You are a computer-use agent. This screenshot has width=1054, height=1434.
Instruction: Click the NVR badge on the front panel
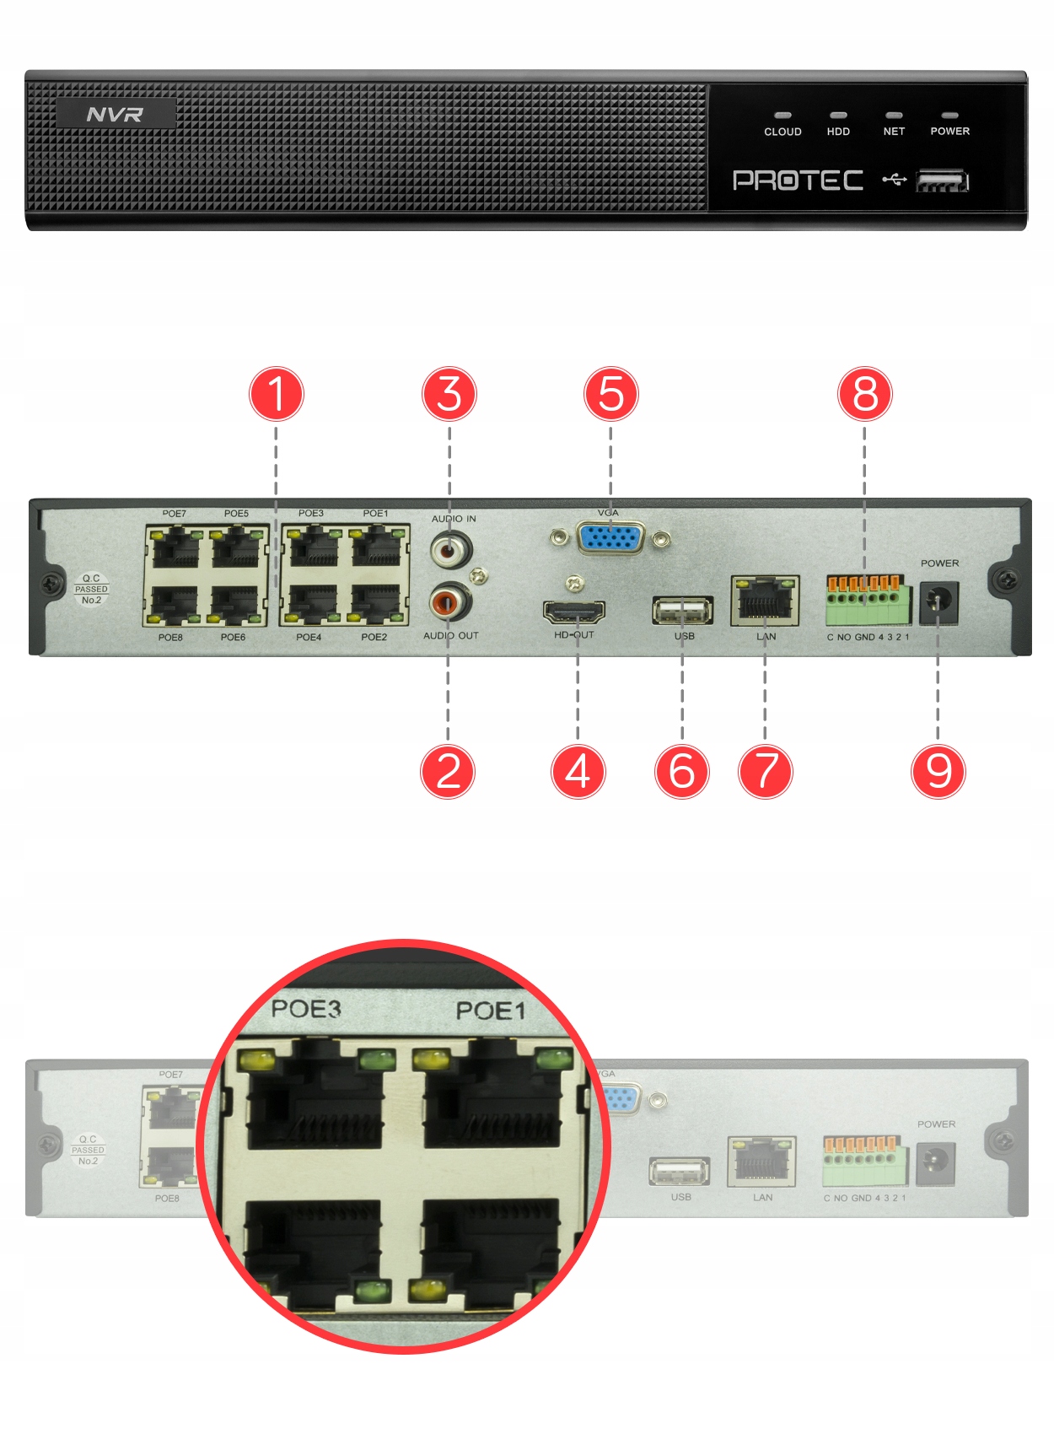coord(116,114)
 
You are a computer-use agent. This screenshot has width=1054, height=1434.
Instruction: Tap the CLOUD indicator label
coord(782,132)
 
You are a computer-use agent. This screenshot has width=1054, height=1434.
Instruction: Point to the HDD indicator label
coord(838,132)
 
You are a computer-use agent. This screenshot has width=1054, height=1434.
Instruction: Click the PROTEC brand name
coord(798,181)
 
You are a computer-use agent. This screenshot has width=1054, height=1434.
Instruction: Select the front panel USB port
coord(942,181)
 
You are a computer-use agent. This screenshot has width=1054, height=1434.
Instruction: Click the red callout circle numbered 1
coord(277,395)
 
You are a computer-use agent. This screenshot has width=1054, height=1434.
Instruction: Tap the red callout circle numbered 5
coord(611,395)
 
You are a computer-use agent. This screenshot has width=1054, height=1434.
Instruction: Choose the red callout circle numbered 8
coord(865,395)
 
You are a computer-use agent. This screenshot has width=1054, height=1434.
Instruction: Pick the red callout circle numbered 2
coord(448,771)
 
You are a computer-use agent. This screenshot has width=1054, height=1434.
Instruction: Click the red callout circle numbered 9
coord(938,771)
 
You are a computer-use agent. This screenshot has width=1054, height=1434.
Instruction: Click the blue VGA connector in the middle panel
coord(611,537)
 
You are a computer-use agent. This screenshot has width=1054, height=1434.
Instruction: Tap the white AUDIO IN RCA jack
coord(450,551)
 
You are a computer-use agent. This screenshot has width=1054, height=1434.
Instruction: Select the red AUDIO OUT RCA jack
coord(449,602)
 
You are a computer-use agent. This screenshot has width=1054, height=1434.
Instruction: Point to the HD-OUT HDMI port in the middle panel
coord(574,611)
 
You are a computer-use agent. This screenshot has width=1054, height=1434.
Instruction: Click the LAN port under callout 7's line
coord(765,600)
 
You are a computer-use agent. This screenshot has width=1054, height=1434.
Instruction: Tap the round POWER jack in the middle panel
coord(938,601)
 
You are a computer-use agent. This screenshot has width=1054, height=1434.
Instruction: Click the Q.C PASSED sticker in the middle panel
coord(91,590)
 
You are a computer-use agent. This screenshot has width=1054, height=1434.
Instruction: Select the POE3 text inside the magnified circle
coord(306,1009)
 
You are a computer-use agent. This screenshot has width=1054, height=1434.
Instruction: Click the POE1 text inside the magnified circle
coord(490,1011)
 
